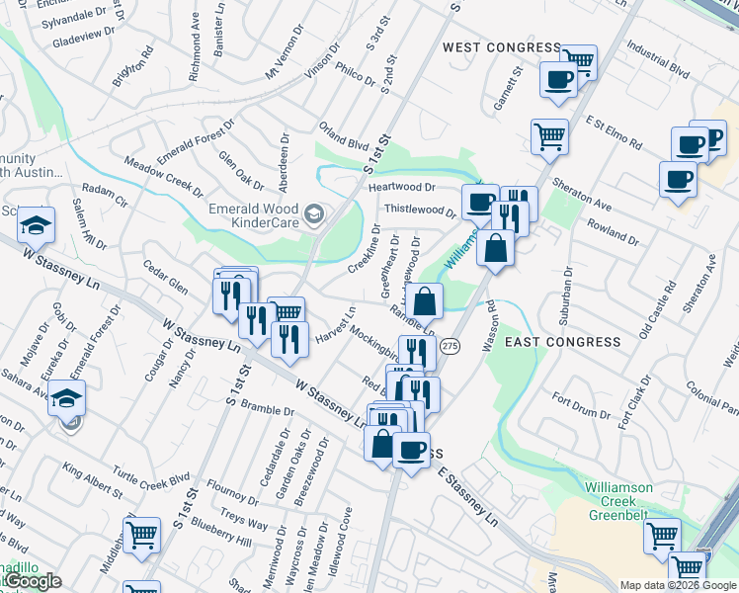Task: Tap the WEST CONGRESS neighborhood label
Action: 501,47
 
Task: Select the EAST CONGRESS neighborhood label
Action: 563,342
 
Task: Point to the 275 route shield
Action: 451,345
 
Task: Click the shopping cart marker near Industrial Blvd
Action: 578,62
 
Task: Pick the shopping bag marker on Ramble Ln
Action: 424,301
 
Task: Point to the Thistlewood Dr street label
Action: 419,209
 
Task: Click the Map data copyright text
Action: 678,585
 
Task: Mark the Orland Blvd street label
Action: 344,135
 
